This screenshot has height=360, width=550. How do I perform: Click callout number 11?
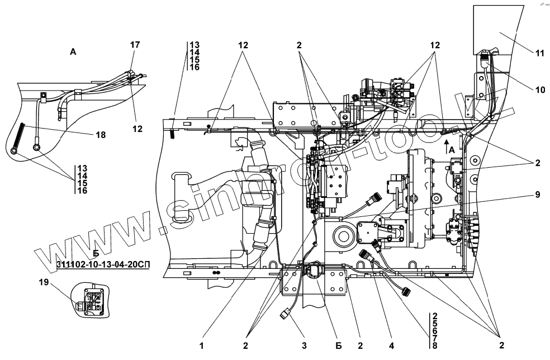[539, 54]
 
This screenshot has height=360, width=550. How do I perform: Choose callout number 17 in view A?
[135, 45]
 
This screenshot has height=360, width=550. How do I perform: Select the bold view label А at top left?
[73, 51]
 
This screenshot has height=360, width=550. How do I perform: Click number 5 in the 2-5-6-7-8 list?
[434, 324]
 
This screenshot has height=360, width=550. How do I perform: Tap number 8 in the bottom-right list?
[434, 345]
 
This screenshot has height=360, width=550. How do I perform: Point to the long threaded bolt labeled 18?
[17, 138]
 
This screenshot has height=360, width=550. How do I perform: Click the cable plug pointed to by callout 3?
[285, 317]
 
